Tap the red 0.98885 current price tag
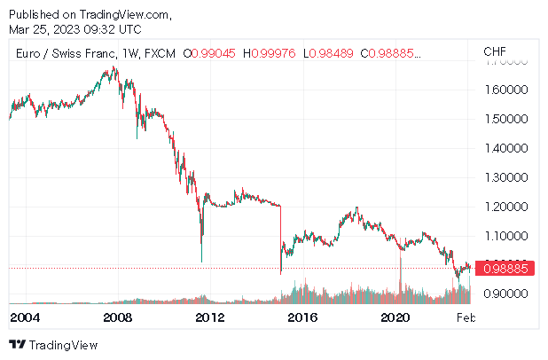click(x=505, y=268)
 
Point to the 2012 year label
click(x=209, y=317)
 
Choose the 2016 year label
click(x=302, y=317)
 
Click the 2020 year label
click(x=395, y=317)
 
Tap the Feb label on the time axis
click(x=465, y=317)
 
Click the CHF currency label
click(x=495, y=52)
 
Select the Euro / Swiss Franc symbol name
click(x=63, y=53)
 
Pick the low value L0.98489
click(x=328, y=53)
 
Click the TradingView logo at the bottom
click(x=53, y=344)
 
